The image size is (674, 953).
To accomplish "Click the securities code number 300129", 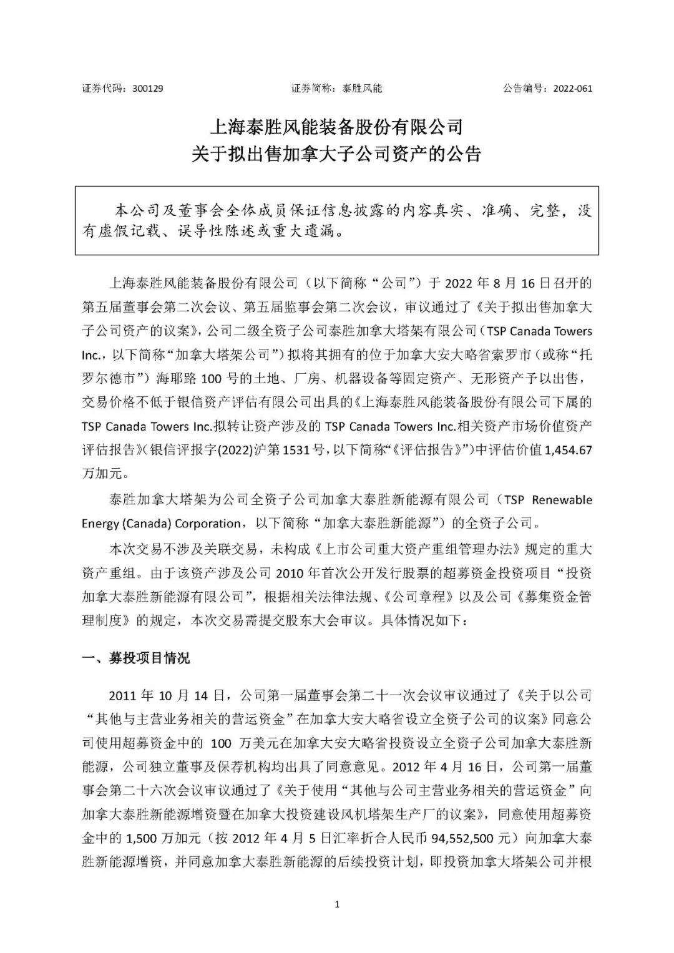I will (148, 89).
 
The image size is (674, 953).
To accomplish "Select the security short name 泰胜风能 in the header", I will (362, 89).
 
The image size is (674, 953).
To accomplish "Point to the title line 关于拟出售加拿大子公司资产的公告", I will (337, 154).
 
